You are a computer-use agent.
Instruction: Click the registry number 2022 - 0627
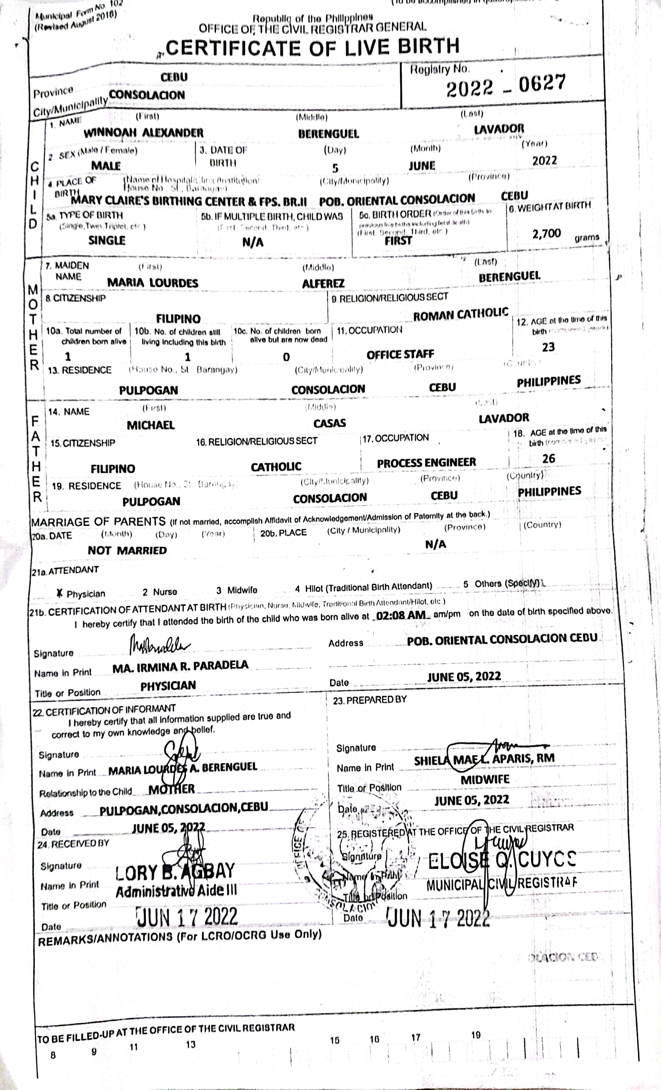coord(505,86)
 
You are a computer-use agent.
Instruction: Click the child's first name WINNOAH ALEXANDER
coord(143,133)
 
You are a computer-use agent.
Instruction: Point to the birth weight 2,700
coord(546,234)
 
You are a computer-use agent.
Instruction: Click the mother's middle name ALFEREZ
coord(323,284)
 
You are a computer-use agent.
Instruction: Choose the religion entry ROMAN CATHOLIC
coord(460,314)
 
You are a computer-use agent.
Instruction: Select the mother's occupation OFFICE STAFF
coord(400,354)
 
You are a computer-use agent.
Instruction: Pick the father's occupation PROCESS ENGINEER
coord(426,463)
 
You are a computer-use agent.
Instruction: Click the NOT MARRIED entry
coord(127,550)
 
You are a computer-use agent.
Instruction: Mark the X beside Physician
coord(60,593)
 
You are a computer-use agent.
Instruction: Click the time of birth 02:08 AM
coord(401,615)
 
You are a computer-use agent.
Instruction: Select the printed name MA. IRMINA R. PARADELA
coord(180,666)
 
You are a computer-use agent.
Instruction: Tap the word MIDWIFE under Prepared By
coord(485,780)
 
